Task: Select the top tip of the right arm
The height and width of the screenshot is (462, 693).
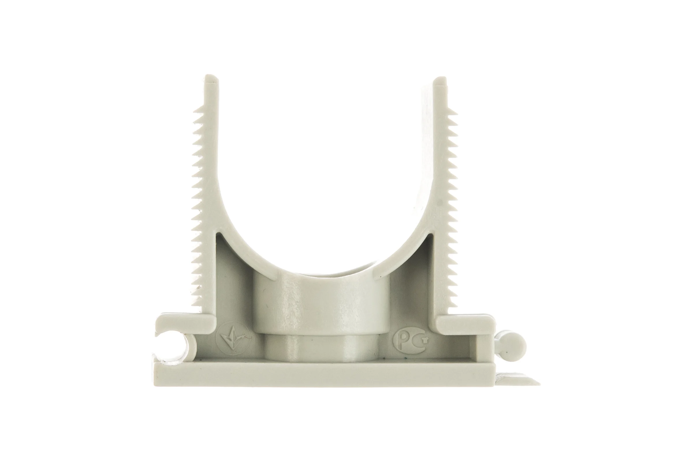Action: [x=441, y=78]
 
